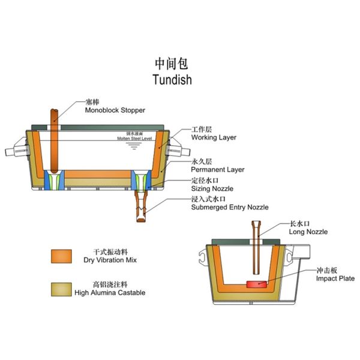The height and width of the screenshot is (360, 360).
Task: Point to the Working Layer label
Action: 214,137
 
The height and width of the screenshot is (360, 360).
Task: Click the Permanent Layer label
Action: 217,170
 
